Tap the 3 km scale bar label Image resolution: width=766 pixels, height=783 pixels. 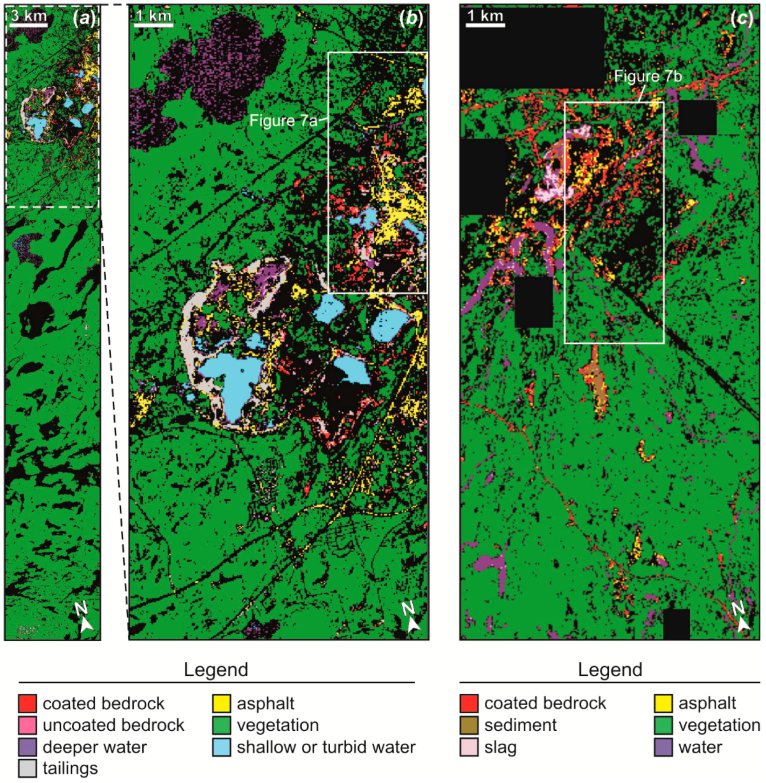coord(29,15)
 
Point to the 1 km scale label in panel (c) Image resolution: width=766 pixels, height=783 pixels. coord(485,15)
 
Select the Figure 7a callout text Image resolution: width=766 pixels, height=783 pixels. coord(283,121)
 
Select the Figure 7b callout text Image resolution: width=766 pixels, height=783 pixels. coord(648,76)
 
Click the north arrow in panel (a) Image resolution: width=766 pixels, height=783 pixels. coord(84,617)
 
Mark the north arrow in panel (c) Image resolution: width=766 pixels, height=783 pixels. coord(741,617)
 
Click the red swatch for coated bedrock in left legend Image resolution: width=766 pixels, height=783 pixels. coord(28,703)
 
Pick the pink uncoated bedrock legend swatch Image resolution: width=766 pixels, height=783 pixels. coord(28,725)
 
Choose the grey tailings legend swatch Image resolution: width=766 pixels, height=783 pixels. coord(28,768)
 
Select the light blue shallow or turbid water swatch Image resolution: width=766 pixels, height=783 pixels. coord(222,747)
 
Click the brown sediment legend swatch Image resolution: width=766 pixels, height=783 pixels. coord(469,725)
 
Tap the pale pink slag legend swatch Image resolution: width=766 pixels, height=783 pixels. coord(469,747)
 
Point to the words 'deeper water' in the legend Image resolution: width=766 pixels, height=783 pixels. coord(95,747)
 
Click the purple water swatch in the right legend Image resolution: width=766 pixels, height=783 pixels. coord(663,747)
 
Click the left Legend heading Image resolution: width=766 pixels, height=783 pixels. coord(216,670)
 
